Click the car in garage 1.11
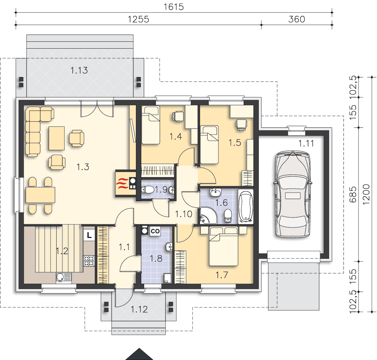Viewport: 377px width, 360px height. (293, 194)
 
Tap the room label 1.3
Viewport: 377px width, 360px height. (83, 167)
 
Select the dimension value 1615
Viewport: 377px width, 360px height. (174, 7)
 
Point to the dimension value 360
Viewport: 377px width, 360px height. (297, 19)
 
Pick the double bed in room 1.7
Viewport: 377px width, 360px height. (223, 246)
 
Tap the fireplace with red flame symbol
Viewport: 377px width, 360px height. (126, 184)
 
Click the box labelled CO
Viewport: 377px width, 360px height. (155, 231)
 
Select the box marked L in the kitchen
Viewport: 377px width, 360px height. (89, 235)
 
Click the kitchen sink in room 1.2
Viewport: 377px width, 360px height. (64, 277)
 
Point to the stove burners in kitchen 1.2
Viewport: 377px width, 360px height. (89, 261)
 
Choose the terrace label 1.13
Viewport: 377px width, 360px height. (79, 70)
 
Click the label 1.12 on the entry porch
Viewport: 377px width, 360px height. (139, 309)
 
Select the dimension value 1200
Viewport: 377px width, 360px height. (366, 194)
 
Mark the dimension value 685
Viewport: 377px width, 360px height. (353, 194)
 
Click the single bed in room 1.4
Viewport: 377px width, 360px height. (151, 125)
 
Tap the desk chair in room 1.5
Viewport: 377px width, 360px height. (241, 125)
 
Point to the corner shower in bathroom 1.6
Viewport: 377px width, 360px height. (208, 215)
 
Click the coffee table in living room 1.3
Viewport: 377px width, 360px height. (57, 138)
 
